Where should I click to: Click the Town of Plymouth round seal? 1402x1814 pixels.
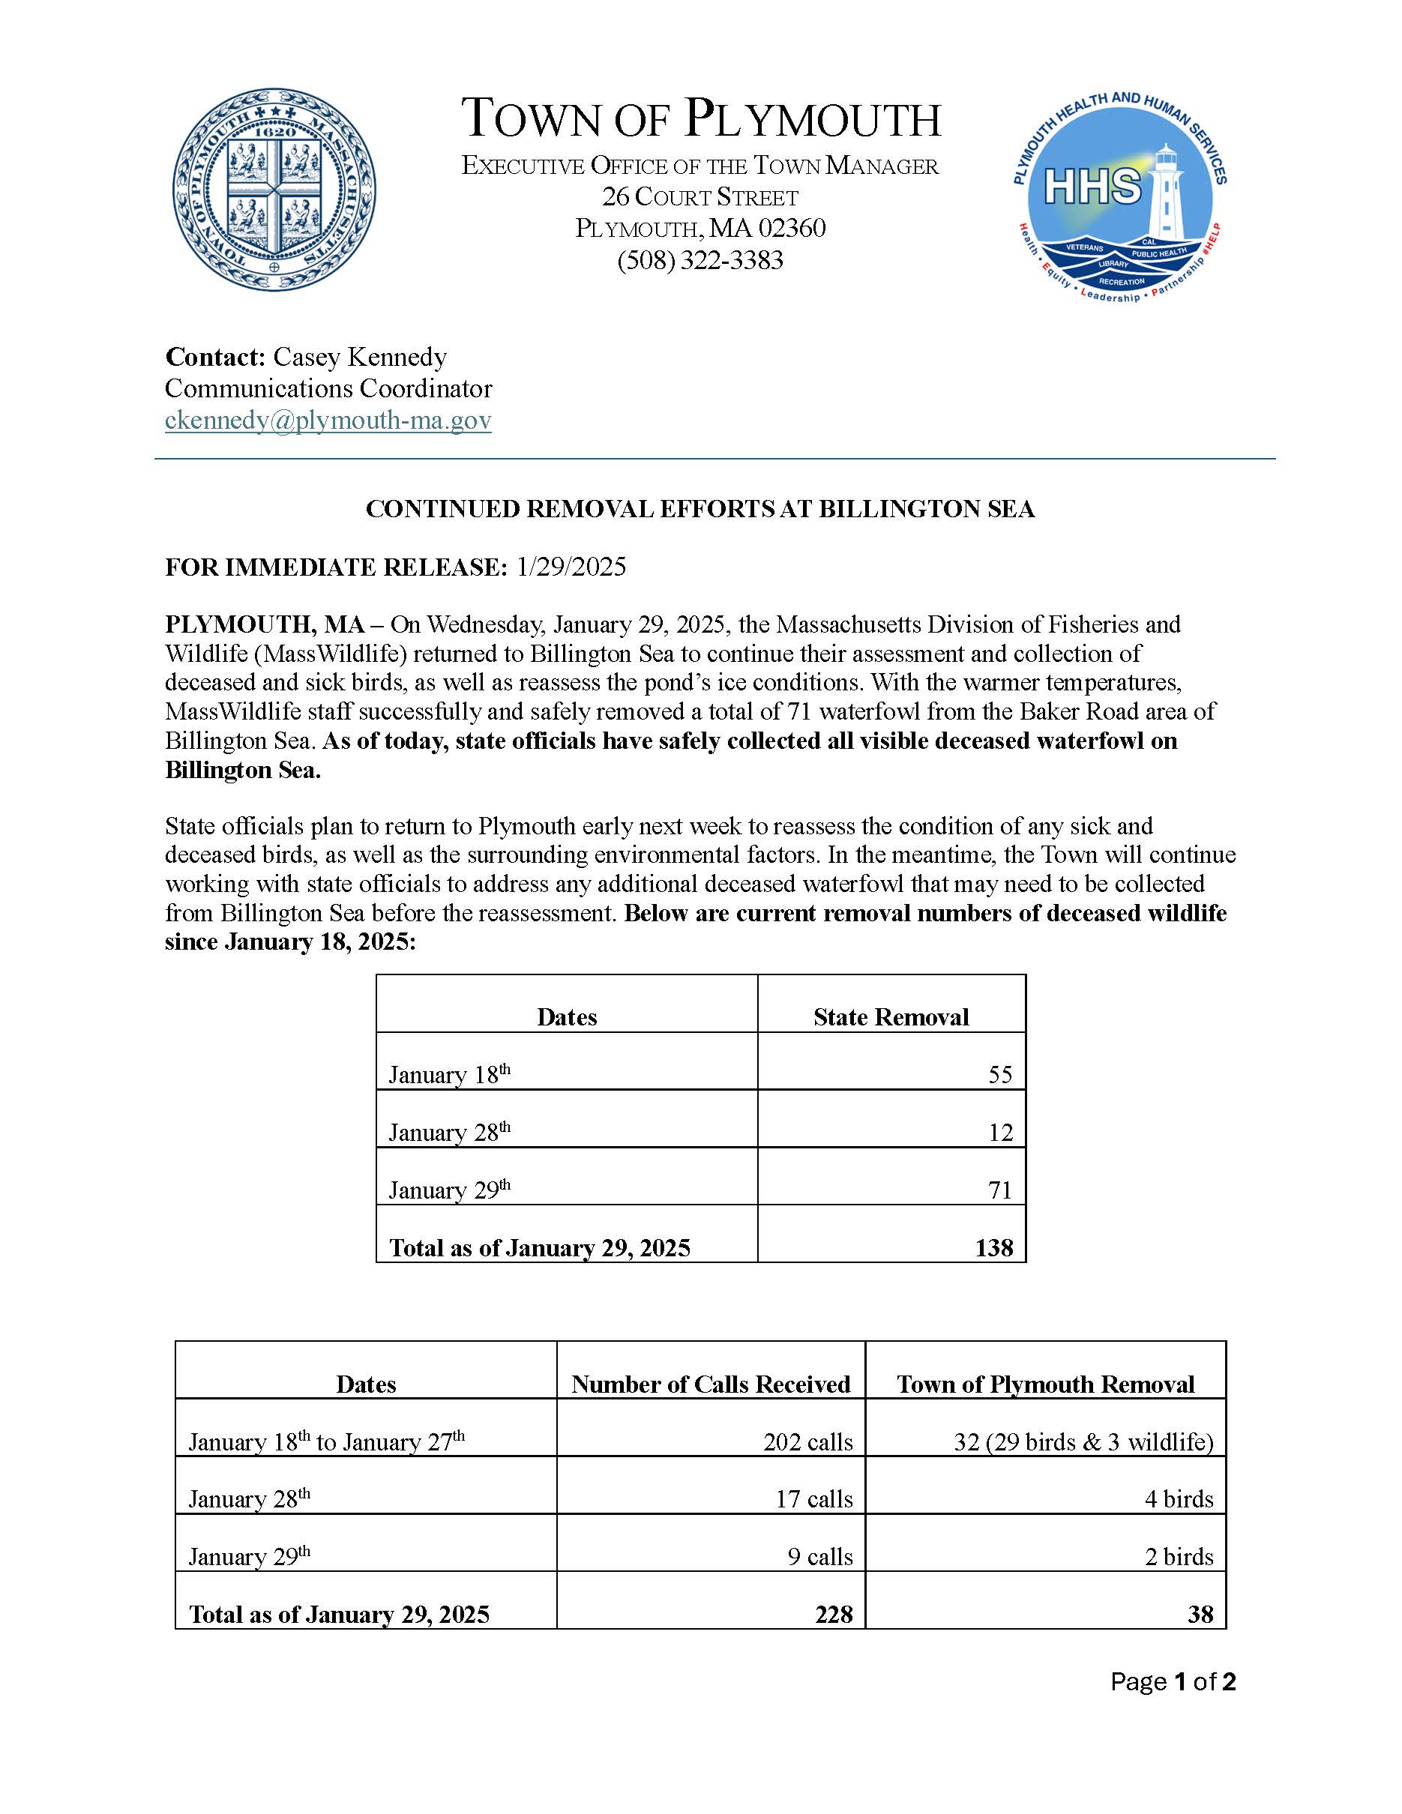274,190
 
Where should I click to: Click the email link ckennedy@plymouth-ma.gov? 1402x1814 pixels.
328,421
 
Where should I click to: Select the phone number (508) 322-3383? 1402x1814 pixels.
700,261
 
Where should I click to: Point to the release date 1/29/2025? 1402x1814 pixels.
571,567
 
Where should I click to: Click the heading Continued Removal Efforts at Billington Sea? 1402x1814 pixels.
700,509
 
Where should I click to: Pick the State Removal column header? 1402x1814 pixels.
891,1017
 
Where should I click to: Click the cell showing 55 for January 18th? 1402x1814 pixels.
1000,1075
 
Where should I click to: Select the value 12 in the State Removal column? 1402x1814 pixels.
1000,1133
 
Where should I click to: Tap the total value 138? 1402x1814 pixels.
994,1248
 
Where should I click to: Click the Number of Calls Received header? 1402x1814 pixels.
710,1384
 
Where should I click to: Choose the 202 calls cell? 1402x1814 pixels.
807,1442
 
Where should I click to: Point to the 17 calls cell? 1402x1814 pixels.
814,1499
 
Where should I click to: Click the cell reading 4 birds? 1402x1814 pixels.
1179,1499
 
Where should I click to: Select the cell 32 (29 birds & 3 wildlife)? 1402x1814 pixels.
1083,1442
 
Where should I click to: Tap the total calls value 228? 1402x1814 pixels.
834,1615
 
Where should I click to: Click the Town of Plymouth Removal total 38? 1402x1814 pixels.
1200,1615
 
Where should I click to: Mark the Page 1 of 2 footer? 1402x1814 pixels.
1173,1682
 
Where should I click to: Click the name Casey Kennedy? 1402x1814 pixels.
360,357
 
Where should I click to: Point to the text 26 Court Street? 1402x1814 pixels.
700,198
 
